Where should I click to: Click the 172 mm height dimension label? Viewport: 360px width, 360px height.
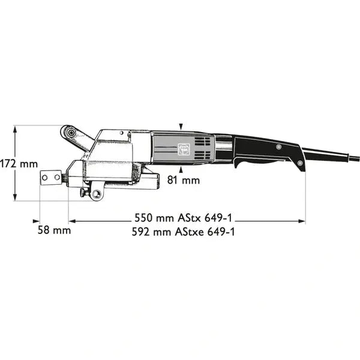pyautogui.click(x=19, y=163)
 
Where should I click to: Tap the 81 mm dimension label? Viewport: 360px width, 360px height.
pyautogui.click(x=183, y=179)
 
